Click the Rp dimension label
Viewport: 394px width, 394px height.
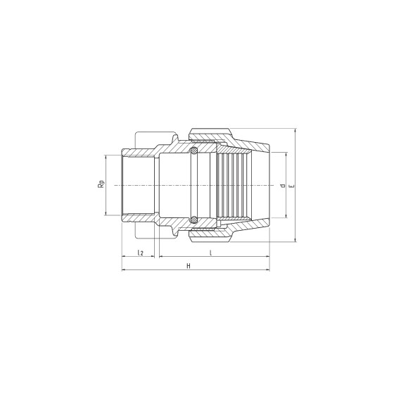coord(101,184)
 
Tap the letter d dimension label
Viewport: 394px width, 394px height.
coord(283,186)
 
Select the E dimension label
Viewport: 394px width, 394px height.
coord(291,186)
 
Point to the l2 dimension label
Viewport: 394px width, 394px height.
coord(140,253)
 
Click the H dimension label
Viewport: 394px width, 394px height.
coord(189,266)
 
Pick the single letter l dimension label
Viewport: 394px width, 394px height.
coord(211,253)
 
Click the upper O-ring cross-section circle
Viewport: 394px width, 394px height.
coord(193,151)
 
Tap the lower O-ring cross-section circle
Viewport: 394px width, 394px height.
coord(193,220)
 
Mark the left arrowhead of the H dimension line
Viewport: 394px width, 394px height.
coord(124,270)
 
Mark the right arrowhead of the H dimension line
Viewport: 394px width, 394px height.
coord(267,270)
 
